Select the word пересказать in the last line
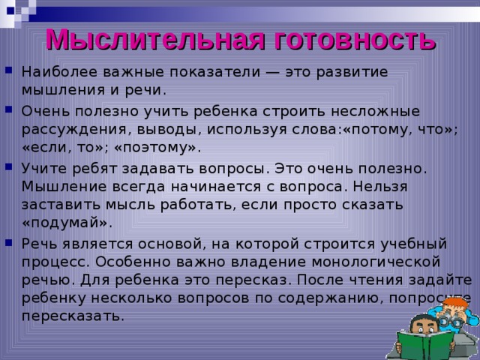coord(72,315)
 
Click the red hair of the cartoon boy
coord(454,304)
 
